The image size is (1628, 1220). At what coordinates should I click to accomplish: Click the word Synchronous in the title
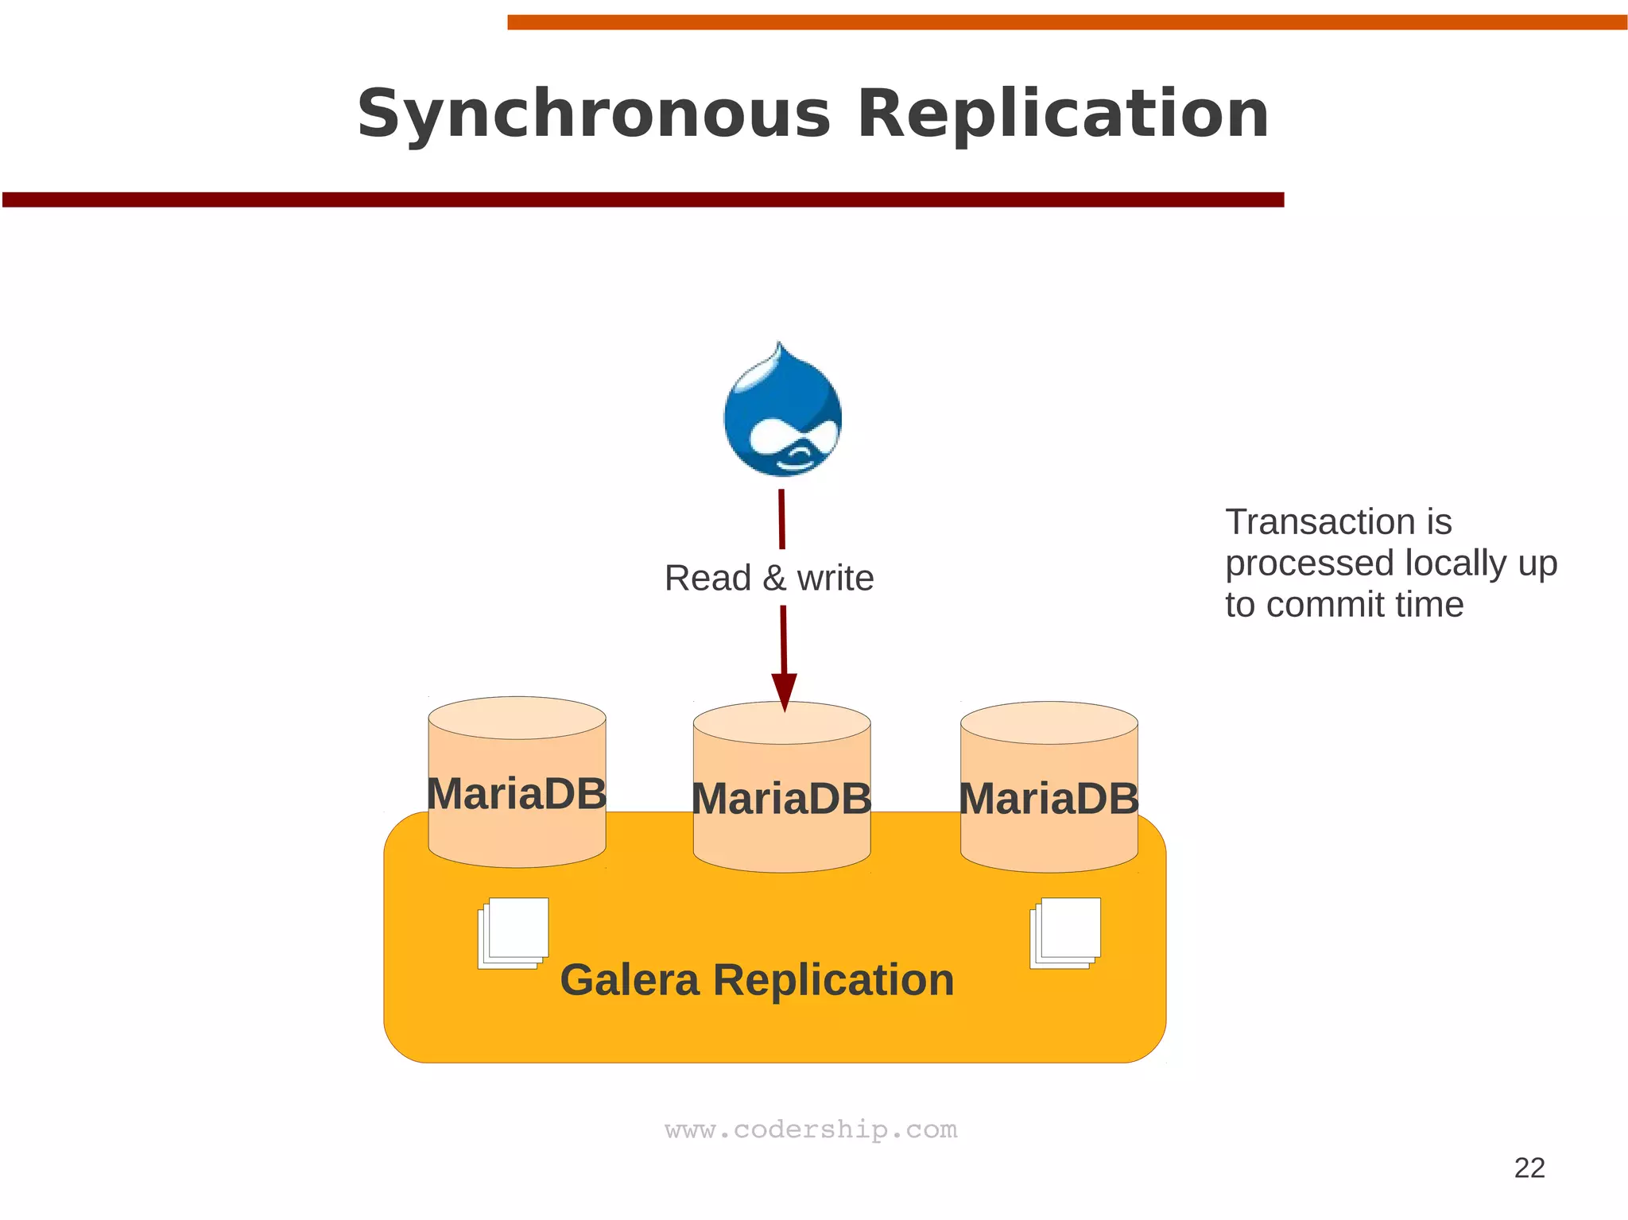coord(593,115)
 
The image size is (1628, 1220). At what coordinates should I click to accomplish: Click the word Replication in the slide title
coord(1063,115)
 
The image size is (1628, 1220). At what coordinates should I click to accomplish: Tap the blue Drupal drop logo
coord(782,412)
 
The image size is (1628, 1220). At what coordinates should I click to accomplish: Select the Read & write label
coord(769,578)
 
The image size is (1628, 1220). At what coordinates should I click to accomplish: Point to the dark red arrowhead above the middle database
coord(784,691)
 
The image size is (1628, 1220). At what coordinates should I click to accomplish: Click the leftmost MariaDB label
coord(517,793)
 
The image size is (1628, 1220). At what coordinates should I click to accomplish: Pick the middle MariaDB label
coord(781,798)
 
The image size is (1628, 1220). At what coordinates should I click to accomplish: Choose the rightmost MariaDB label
coord(1049,798)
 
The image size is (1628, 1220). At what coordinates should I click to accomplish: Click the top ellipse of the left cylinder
coord(517,718)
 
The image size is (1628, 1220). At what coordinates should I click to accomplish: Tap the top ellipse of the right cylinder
coord(1049,722)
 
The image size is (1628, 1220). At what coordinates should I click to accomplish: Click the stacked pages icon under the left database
coord(514,932)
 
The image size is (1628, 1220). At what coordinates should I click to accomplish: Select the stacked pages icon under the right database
coord(1065,932)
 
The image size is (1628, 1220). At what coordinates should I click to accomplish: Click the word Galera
coord(630,980)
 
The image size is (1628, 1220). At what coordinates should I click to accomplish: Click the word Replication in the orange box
coord(833,980)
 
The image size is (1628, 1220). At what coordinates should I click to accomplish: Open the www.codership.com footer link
coord(811,1129)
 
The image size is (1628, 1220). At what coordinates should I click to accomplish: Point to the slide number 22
coord(1529,1168)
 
